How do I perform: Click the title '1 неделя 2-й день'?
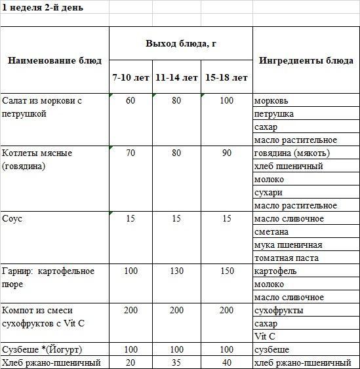click(x=38, y=7)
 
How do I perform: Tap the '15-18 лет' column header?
click(x=226, y=77)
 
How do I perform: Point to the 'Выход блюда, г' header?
click(x=180, y=43)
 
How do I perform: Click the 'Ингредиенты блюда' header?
click(x=306, y=60)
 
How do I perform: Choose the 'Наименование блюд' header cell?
click(x=54, y=60)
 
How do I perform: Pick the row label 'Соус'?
click(x=12, y=218)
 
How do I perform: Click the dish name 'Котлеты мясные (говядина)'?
click(x=37, y=159)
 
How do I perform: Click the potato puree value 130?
click(x=176, y=271)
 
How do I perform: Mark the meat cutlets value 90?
click(x=226, y=153)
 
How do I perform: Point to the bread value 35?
click(x=176, y=362)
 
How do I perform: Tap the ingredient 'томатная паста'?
click(x=286, y=258)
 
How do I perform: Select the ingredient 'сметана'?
click(x=271, y=231)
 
